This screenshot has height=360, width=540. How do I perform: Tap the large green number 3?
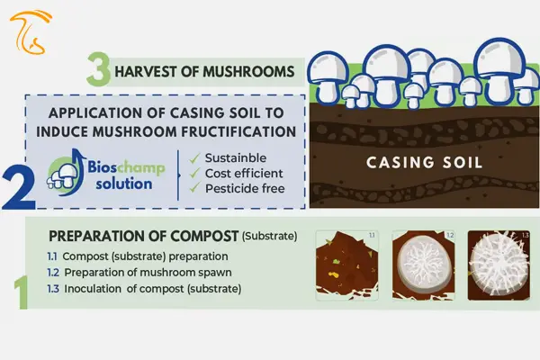click(98, 69)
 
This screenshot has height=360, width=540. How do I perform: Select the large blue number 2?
click(19, 189)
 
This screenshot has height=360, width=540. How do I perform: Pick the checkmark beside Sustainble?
click(194, 158)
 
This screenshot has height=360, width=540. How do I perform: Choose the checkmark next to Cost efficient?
click(194, 174)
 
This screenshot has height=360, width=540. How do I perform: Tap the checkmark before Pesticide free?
click(194, 188)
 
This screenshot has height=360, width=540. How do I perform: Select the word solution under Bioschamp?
click(124, 184)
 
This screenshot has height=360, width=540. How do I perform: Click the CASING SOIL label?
click(424, 163)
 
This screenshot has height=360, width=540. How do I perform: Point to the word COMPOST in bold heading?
click(204, 236)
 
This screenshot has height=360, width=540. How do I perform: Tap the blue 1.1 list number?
click(51, 256)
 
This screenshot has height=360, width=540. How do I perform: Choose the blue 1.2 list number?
click(53, 273)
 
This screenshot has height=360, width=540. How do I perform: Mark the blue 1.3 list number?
click(53, 288)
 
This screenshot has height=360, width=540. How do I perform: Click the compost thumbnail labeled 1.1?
click(347, 265)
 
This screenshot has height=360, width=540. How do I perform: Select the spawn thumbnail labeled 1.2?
click(424, 265)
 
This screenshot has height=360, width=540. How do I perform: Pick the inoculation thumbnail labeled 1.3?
click(499, 265)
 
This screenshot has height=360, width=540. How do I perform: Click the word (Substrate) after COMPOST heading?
click(269, 237)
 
